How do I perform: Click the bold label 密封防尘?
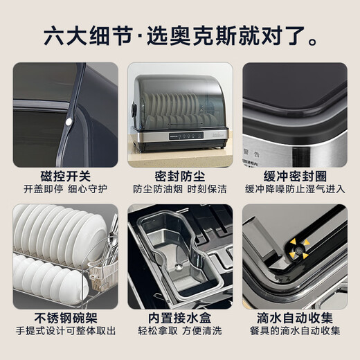tap(179, 177)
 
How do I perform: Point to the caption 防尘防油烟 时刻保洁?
tap(179, 190)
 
